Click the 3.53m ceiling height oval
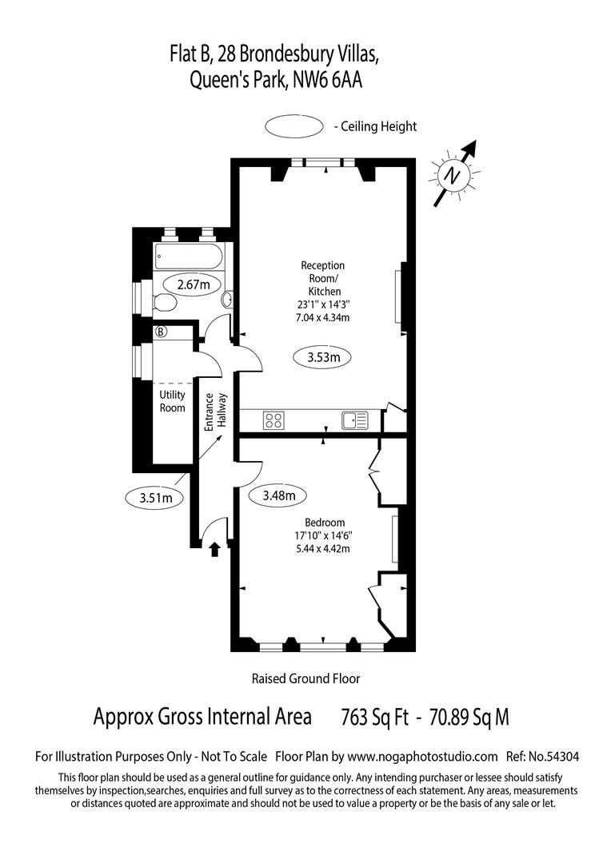(323, 358)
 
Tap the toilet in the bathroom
(165, 302)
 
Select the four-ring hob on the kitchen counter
(274, 420)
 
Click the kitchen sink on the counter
(353, 420)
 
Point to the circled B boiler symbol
(161, 332)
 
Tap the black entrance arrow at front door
(214, 550)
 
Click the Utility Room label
(173, 402)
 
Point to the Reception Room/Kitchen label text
(323, 278)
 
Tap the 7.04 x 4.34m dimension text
(323, 317)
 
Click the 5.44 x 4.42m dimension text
(323, 548)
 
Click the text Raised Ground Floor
(305, 678)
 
